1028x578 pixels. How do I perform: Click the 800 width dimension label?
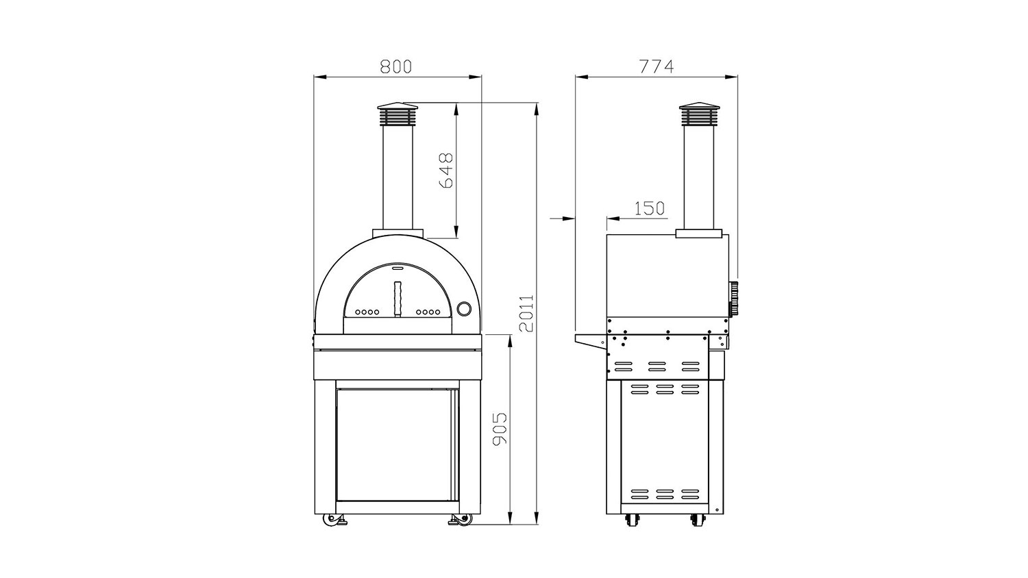pos(396,66)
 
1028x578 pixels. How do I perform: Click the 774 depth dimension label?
pos(657,66)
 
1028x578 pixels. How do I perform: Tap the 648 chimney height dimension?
pos(446,171)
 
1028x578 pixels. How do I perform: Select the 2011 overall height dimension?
pos(526,314)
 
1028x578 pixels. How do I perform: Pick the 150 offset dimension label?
pos(650,209)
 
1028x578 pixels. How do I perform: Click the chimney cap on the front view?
pos(397,114)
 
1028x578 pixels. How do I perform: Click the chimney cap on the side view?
pos(699,114)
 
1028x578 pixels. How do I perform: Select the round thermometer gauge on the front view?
pos(465,307)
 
